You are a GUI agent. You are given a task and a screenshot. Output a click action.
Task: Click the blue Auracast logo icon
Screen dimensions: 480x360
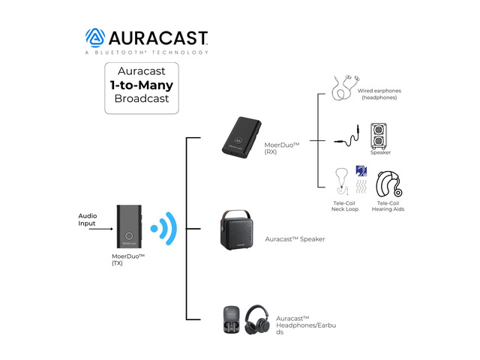[x=95, y=38]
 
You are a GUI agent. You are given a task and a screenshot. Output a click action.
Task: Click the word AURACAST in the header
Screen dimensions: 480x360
[x=158, y=38]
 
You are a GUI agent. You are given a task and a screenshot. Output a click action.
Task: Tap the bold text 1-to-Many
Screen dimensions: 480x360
[x=142, y=85]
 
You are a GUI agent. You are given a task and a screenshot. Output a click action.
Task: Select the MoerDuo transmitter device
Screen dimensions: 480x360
[x=129, y=226]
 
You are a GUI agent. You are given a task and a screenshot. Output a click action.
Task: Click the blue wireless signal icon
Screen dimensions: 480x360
[x=164, y=228]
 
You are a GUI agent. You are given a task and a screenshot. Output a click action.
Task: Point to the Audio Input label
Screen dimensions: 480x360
[x=87, y=220]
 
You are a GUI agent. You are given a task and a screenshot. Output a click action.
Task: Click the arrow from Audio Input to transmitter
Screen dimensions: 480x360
[x=101, y=229]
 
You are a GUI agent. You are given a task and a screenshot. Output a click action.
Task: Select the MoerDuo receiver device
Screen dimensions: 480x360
[x=241, y=137]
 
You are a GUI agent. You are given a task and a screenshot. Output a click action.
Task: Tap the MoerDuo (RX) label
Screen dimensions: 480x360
[x=282, y=148]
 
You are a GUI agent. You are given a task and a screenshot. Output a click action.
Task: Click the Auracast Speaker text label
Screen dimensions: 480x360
[x=295, y=239]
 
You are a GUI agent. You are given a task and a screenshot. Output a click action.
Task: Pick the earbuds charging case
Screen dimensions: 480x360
[x=232, y=319]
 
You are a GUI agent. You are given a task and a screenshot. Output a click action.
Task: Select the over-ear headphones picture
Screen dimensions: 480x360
[x=256, y=319]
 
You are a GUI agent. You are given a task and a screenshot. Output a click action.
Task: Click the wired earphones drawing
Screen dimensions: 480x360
[x=345, y=87]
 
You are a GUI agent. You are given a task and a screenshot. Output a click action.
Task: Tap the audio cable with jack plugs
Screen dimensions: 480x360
[x=347, y=136]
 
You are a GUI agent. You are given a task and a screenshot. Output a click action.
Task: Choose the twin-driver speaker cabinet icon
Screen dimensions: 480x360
[x=379, y=136]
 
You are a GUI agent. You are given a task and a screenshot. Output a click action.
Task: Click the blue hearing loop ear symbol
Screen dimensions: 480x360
[x=361, y=171]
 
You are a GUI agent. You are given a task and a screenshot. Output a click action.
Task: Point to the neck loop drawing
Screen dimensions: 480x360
[x=342, y=181]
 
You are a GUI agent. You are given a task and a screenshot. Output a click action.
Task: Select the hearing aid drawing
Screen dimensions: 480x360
[x=388, y=184]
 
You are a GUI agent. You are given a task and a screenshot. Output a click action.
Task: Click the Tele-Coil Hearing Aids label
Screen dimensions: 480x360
[x=388, y=206]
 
